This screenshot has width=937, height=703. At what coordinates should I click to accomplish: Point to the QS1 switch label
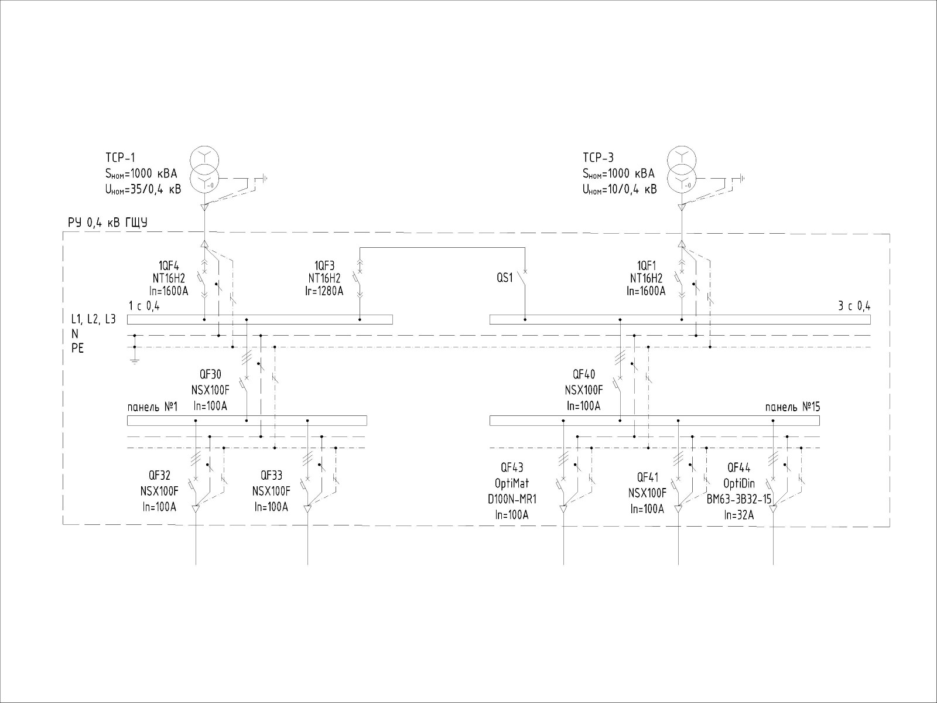(x=504, y=278)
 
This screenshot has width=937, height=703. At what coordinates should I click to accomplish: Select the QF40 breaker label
(x=584, y=375)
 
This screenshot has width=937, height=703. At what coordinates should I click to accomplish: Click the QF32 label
(x=159, y=476)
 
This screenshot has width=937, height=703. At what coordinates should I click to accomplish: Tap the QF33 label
(x=271, y=476)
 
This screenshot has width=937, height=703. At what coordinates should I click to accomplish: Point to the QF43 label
(x=512, y=467)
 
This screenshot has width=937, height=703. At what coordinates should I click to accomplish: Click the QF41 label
(x=647, y=478)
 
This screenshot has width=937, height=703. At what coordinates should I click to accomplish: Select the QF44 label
(x=739, y=467)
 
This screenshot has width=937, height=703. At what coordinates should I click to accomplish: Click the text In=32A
(x=738, y=515)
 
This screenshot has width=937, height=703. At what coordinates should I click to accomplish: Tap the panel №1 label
(x=152, y=407)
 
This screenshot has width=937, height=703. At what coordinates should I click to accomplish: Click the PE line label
(x=77, y=348)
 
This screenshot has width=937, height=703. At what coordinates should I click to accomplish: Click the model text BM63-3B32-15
(x=739, y=499)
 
